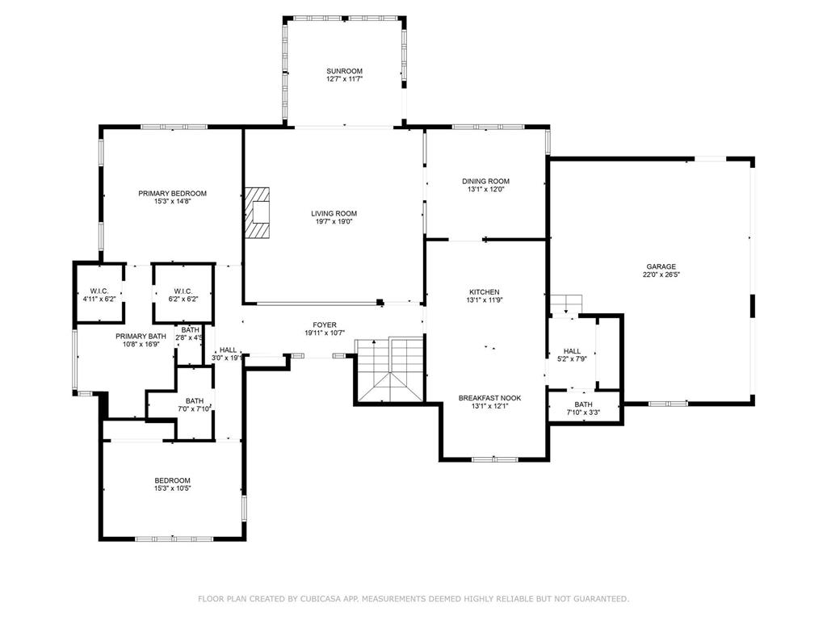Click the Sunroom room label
(345, 71)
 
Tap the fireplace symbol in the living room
(258, 213)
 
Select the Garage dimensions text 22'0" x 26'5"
(661, 274)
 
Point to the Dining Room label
(485, 182)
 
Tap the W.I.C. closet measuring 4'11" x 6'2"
(99, 295)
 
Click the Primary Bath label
(141, 336)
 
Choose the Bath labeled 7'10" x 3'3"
(583, 408)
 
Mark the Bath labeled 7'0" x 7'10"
(195, 404)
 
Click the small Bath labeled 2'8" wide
(191, 333)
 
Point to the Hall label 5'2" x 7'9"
(573, 355)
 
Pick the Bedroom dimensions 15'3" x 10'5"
(172, 488)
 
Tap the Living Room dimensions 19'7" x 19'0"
(334, 222)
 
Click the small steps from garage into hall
(566, 304)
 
